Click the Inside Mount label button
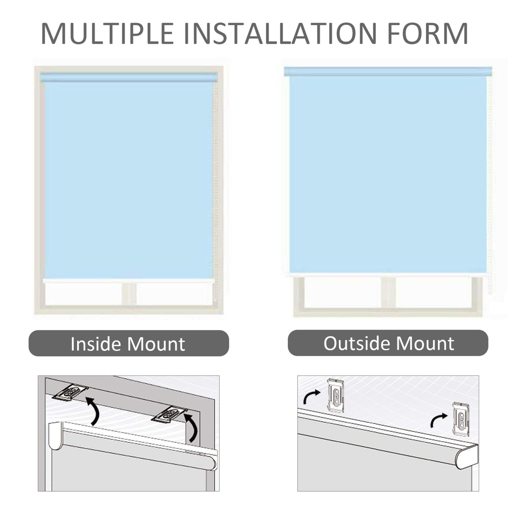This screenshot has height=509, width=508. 128,343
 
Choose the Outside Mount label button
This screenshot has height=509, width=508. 388,343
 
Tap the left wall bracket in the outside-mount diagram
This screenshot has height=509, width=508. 336,395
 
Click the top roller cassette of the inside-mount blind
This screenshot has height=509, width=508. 129,78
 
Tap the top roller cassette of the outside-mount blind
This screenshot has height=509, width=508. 388,71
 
